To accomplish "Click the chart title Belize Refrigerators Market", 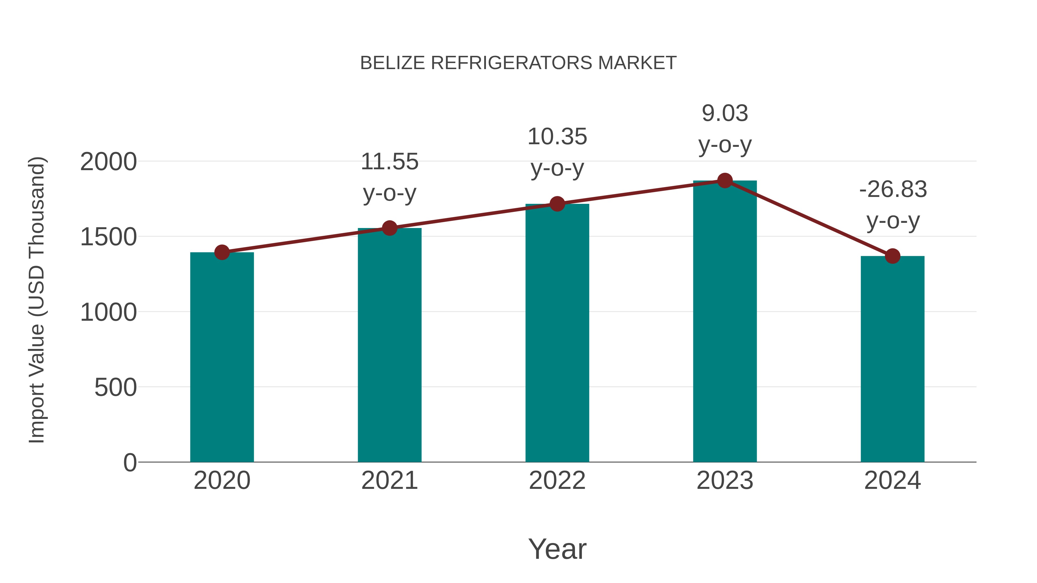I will click(518, 63).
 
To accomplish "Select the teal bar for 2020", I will click(222, 358).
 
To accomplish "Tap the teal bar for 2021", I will click(389, 346).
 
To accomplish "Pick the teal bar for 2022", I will click(557, 334).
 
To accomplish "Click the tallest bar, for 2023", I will click(725, 322).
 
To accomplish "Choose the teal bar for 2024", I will click(892, 360).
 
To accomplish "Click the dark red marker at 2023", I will click(725, 181).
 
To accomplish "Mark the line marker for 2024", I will click(892, 256).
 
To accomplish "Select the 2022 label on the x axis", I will click(557, 481).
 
